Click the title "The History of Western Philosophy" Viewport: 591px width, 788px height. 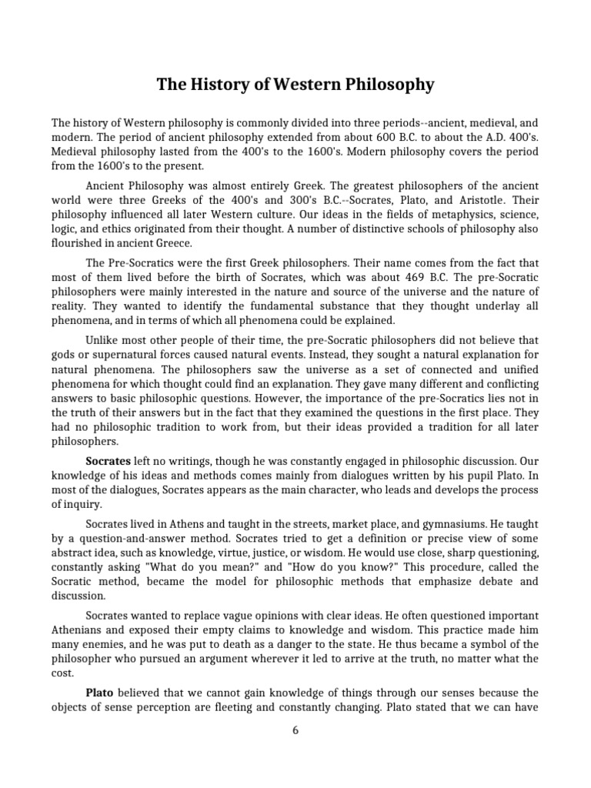coord(295,85)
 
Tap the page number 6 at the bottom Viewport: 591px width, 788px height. coord(295,730)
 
